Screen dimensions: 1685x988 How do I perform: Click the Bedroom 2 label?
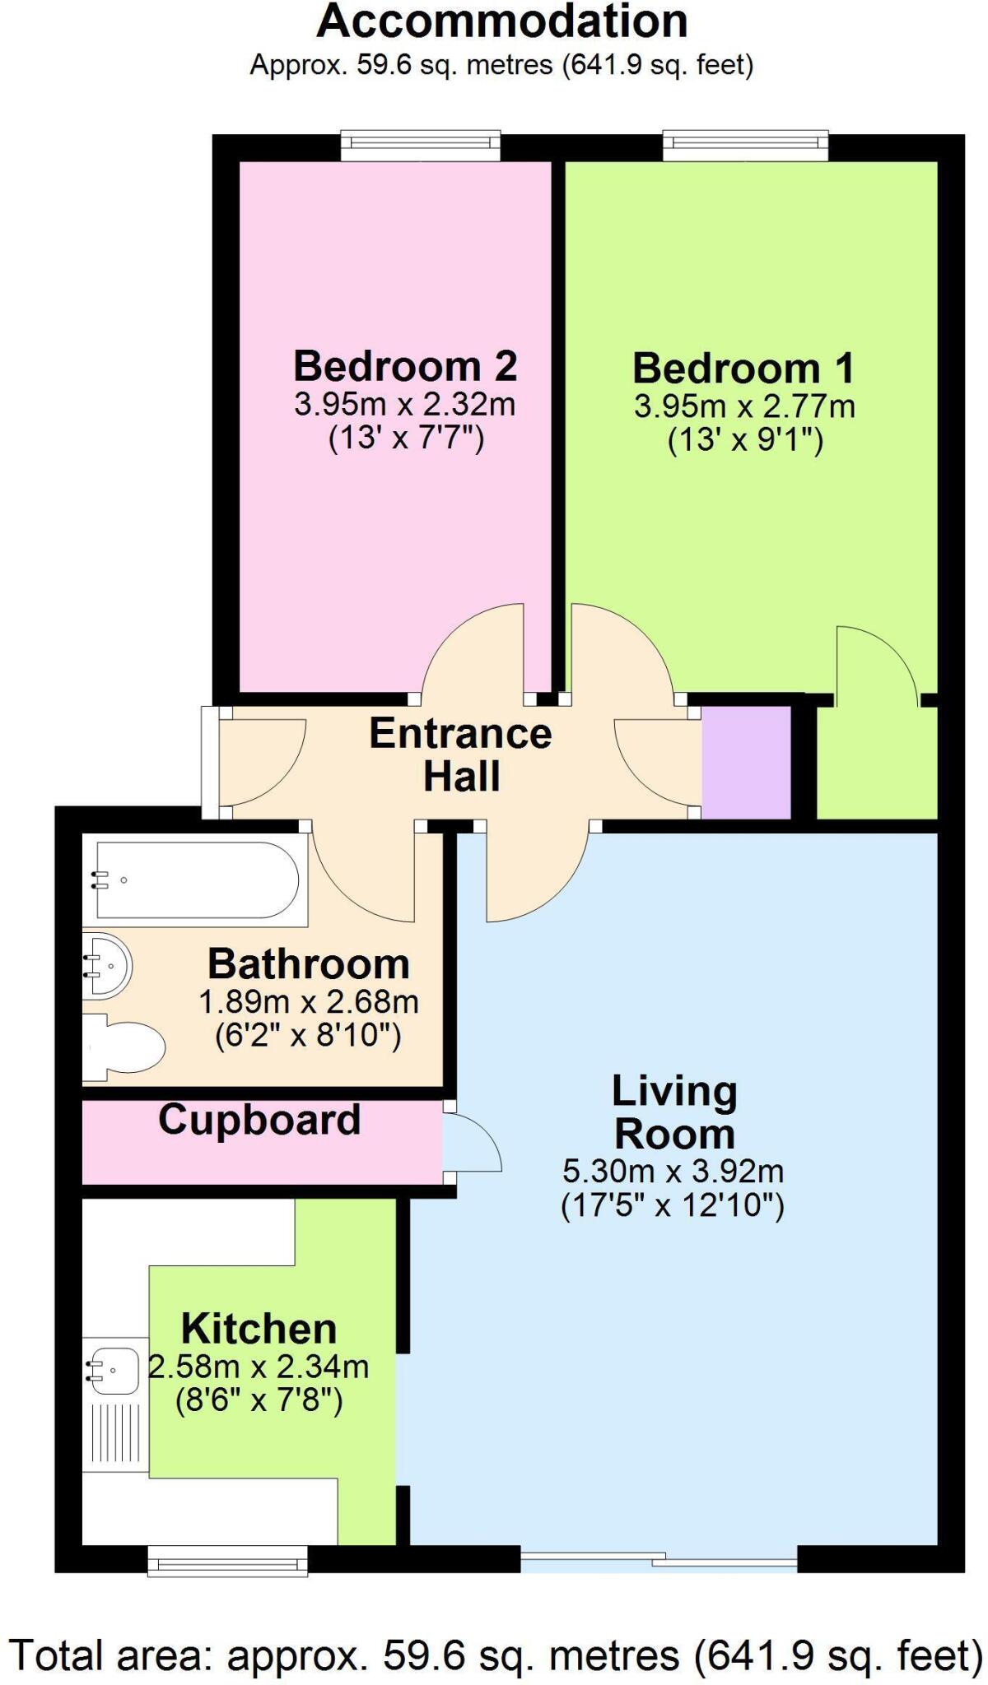(x=405, y=366)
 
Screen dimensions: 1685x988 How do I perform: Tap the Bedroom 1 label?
(x=743, y=369)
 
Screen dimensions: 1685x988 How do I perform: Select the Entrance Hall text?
(x=460, y=754)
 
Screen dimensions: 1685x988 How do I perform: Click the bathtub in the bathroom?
(x=196, y=880)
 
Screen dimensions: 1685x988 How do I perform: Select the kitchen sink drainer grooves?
(x=115, y=1437)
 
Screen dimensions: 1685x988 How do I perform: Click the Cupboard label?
(x=259, y=1120)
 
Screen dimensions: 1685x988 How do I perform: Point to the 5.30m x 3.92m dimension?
(x=673, y=1170)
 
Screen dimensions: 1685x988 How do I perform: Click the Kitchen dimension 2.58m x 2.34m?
(x=259, y=1367)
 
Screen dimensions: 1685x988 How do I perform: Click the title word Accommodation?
(x=502, y=22)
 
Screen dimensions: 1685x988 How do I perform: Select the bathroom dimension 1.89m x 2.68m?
(x=309, y=1002)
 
